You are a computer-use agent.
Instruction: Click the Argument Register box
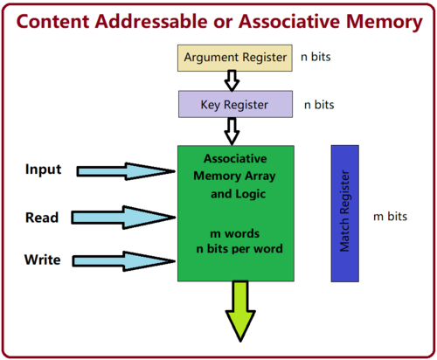coord(235,58)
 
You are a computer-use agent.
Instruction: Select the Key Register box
coord(236,104)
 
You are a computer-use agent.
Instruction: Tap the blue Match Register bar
coord(346,213)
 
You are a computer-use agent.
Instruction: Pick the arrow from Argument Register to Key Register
coord(232,80)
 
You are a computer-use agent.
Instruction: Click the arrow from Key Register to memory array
coord(232,131)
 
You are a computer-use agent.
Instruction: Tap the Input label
coord(44,170)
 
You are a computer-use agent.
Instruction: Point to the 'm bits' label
coord(391,216)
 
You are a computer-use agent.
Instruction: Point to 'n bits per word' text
coord(236,251)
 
